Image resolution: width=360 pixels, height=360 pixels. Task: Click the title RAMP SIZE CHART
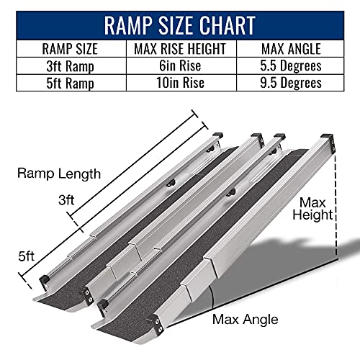click(180, 24)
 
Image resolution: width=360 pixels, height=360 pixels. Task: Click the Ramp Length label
click(59, 174)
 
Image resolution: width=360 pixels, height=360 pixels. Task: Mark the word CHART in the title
click(220, 24)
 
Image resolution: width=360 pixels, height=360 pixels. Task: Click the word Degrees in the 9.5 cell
click(301, 82)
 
